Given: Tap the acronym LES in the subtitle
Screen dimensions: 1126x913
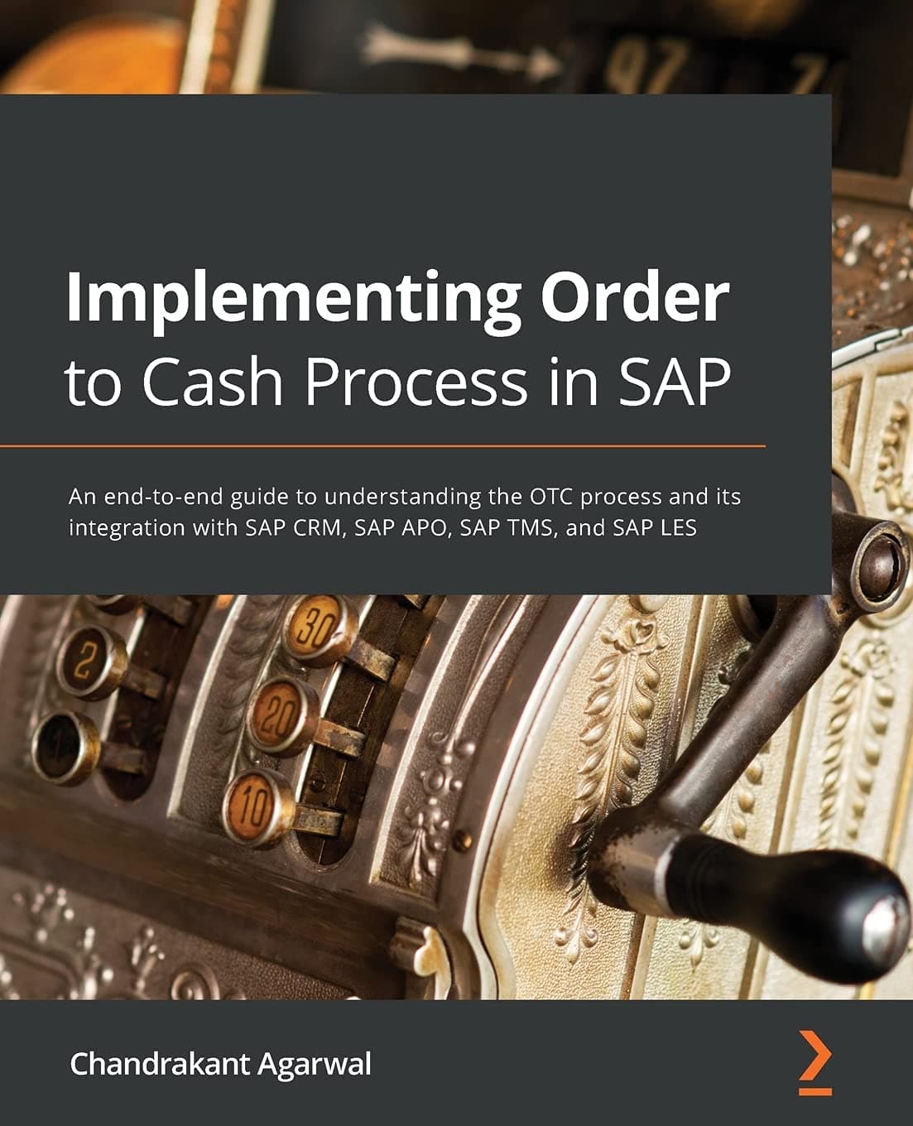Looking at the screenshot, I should pos(678,527).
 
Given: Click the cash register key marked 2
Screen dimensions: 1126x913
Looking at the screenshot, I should pos(85,662).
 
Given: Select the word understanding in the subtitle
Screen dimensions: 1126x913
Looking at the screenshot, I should pos(414,497).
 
